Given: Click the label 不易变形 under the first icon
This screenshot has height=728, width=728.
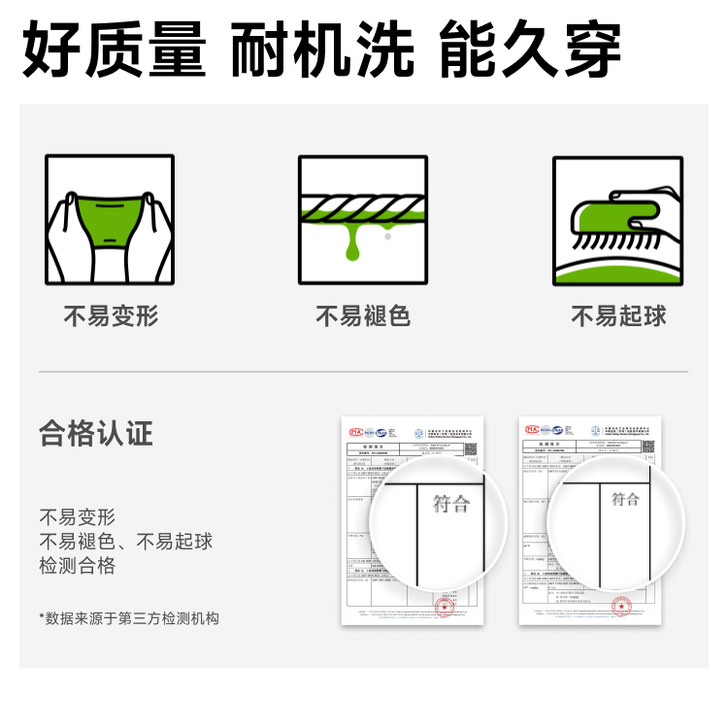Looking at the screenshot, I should click(x=111, y=316).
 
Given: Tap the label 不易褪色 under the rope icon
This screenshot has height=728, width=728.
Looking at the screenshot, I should click(x=363, y=316).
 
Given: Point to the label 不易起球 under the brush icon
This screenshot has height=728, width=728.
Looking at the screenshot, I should click(x=618, y=316).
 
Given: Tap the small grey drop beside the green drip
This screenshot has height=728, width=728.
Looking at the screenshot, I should click(x=387, y=235).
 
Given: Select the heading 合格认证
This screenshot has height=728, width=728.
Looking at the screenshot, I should click(x=96, y=433).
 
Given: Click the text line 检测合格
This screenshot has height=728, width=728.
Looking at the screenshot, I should click(x=78, y=566).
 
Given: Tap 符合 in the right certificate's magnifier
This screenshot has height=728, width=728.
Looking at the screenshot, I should click(x=626, y=499).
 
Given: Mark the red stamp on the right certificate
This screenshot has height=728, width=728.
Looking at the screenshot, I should click(x=621, y=608).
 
